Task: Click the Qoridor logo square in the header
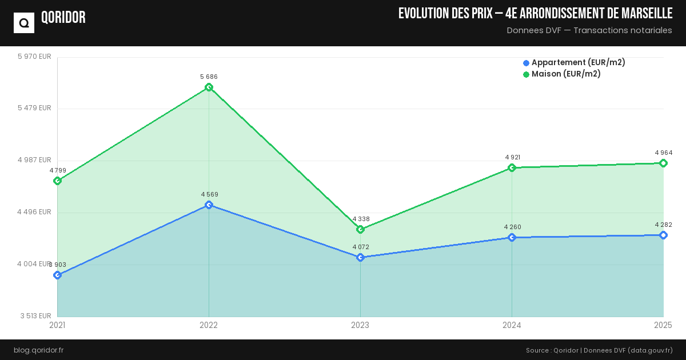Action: pyautogui.click(x=24, y=23)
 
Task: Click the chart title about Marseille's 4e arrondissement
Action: pyautogui.click(x=535, y=13)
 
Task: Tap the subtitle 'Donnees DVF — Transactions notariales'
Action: pyautogui.click(x=589, y=30)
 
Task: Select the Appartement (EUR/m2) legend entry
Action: pyautogui.click(x=574, y=62)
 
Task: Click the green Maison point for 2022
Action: pyautogui.click(x=209, y=87)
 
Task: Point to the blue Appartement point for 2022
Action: pyautogui.click(x=209, y=205)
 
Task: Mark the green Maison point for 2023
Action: pyautogui.click(x=360, y=229)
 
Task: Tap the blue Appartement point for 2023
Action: pyautogui.click(x=360, y=257)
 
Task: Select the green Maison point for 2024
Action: pyautogui.click(x=512, y=167)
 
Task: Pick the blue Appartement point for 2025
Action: pyautogui.click(x=663, y=235)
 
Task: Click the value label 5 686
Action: pyautogui.click(x=209, y=77)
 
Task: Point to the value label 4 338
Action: pyautogui.click(x=361, y=219)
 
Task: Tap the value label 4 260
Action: pyautogui.click(x=512, y=227)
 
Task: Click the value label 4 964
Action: pyautogui.click(x=663, y=153)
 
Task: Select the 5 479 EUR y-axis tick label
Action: pyautogui.click(x=34, y=108)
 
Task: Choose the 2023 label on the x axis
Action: pyautogui.click(x=360, y=325)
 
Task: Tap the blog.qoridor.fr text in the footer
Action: pyautogui.click(x=38, y=350)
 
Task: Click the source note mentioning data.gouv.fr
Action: pyautogui.click(x=599, y=350)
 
